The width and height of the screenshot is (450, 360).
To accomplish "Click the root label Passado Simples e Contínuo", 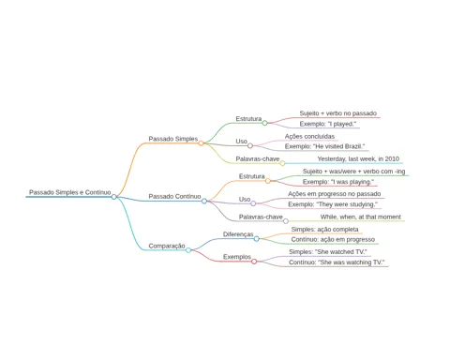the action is (x=70, y=192).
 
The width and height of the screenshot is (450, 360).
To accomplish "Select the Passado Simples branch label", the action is (x=173, y=139).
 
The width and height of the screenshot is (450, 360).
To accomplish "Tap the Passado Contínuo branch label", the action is (x=174, y=196).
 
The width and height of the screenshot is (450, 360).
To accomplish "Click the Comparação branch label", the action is (x=167, y=246).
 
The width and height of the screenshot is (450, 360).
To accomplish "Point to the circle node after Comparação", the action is (x=188, y=250).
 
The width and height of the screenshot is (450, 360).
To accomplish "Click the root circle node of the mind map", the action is (x=114, y=197).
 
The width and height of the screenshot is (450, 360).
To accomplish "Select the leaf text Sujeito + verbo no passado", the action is (x=338, y=113).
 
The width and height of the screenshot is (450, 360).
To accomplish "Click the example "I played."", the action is (x=328, y=124).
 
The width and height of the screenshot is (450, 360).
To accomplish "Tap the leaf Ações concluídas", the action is (x=309, y=136).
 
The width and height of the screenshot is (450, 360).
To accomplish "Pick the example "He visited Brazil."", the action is (x=324, y=146).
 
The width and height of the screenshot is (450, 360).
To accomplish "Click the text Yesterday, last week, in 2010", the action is (x=358, y=158).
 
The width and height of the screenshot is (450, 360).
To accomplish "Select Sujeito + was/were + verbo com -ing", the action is (x=353, y=172).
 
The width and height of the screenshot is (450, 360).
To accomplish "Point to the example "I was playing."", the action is (x=338, y=182).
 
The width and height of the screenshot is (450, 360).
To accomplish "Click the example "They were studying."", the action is (x=333, y=204).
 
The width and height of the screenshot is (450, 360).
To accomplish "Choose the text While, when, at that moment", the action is (x=361, y=217).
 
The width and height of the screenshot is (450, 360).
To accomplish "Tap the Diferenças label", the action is (x=238, y=234).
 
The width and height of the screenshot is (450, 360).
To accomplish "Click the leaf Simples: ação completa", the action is (x=324, y=229).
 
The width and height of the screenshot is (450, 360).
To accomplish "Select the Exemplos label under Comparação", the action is (x=237, y=257).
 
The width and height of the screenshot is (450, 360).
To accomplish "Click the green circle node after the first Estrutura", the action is (x=264, y=123).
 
